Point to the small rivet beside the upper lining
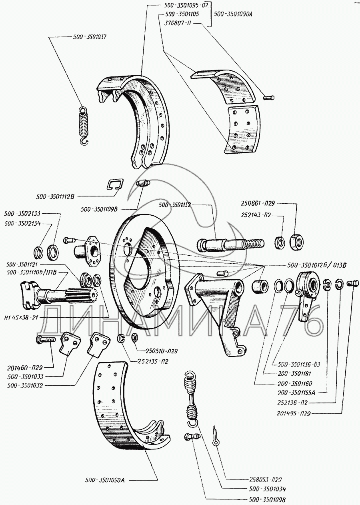point(268,96)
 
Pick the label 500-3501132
point(174,205)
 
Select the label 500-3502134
point(22,224)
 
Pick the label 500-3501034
point(266,489)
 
